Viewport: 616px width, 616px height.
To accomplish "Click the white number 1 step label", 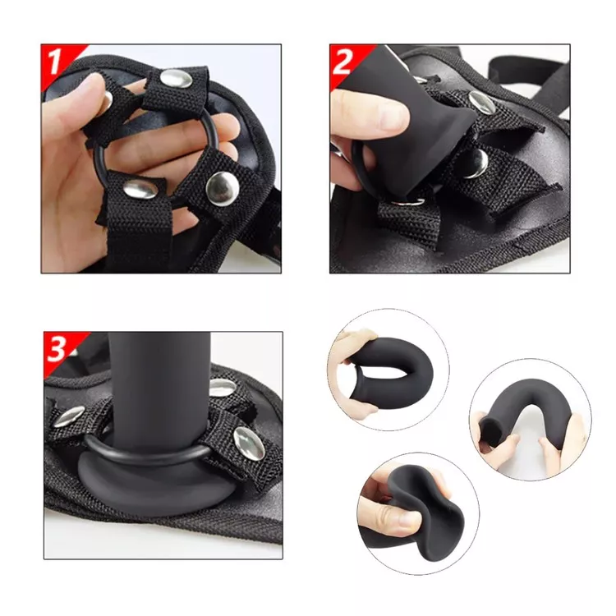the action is (x=54, y=62).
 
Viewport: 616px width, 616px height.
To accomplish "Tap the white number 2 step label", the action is (x=342, y=62).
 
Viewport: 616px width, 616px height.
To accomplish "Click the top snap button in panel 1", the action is (x=177, y=79).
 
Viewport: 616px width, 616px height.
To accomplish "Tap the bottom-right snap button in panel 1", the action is (x=223, y=188).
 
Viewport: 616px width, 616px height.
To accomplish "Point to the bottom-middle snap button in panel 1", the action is (x=140, y=190).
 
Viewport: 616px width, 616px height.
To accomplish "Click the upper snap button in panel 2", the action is (x=481, y=102).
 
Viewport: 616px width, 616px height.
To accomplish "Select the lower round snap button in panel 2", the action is (x=475, y=163).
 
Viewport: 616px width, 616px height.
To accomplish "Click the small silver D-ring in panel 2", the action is (x=407, y=201).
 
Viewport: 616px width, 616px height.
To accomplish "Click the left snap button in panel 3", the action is (x=70, y=416).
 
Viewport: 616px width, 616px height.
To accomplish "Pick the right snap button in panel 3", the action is (x=249, y=444).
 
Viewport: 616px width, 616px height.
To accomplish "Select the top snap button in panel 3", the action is (x=222, y=388).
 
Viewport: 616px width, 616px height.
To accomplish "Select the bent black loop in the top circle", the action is (x=397, y=370).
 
